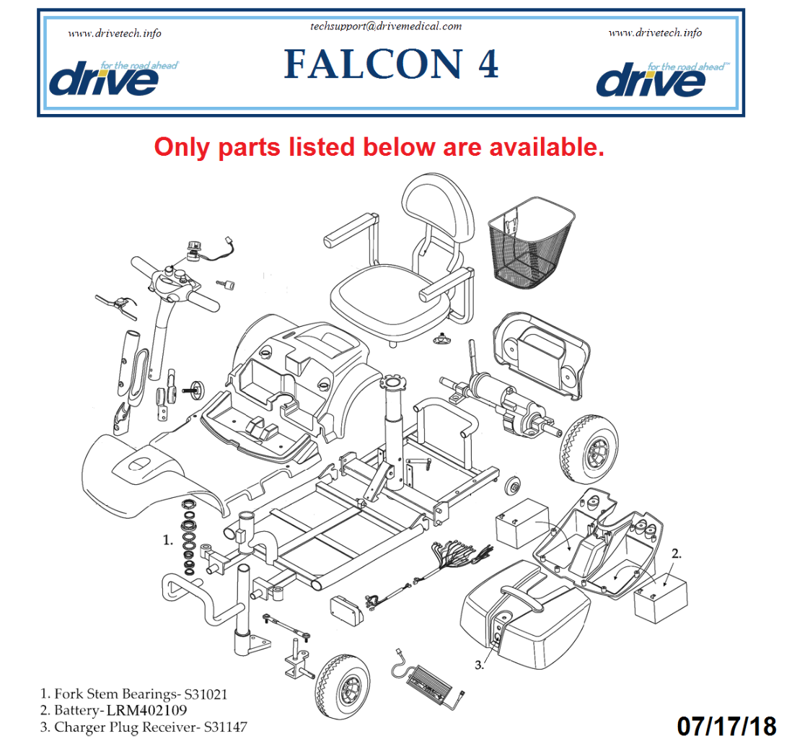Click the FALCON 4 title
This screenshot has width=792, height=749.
(x=391, y=64)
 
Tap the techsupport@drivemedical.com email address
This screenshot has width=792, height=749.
(x=385, y=26)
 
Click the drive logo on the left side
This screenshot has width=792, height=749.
(x=105, y=79)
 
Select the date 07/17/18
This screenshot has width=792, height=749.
(x=726, y=725)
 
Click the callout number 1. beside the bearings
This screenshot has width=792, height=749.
(x=168, y=539)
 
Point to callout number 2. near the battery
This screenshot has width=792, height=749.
(x=676, y=554)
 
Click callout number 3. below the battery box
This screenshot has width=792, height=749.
(x=479, y=665)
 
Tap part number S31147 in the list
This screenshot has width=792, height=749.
(x=224, y=727)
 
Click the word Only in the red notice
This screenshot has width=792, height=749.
(x=181, y=146)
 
